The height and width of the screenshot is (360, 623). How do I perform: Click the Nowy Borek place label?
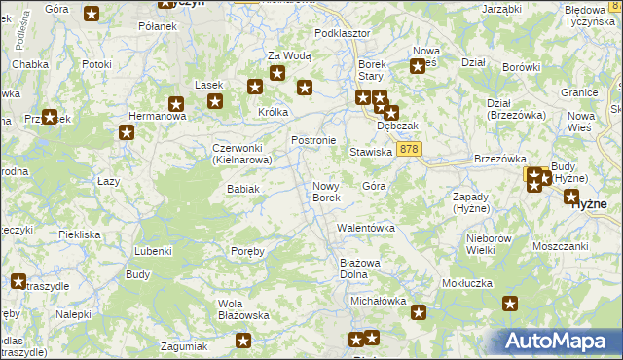tap(326, 192)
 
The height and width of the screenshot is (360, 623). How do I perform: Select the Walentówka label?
tap(365, 228)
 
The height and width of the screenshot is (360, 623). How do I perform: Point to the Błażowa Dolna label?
tap(359, 269)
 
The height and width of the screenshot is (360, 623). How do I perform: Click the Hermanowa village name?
tap(151, 116)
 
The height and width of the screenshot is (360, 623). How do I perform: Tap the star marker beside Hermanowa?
tap(126, 133)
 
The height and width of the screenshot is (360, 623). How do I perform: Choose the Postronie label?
tap(313, 140)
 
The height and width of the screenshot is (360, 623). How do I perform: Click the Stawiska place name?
tap(371, 152)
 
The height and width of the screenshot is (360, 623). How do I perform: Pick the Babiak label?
tap(242, 188)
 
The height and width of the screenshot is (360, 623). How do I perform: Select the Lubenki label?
tap(153, 250)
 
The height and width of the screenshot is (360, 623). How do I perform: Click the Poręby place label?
tap(247, 251)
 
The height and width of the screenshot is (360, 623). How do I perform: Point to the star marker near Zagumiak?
tap(243, 342)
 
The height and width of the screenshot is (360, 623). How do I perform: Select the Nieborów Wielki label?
tap(489, 244)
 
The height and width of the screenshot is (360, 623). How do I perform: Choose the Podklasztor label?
tap(343, 33)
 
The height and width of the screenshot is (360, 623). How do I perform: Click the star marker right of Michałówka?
tap(419, 312)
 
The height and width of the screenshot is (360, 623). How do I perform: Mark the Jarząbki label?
tap(501, 9)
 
